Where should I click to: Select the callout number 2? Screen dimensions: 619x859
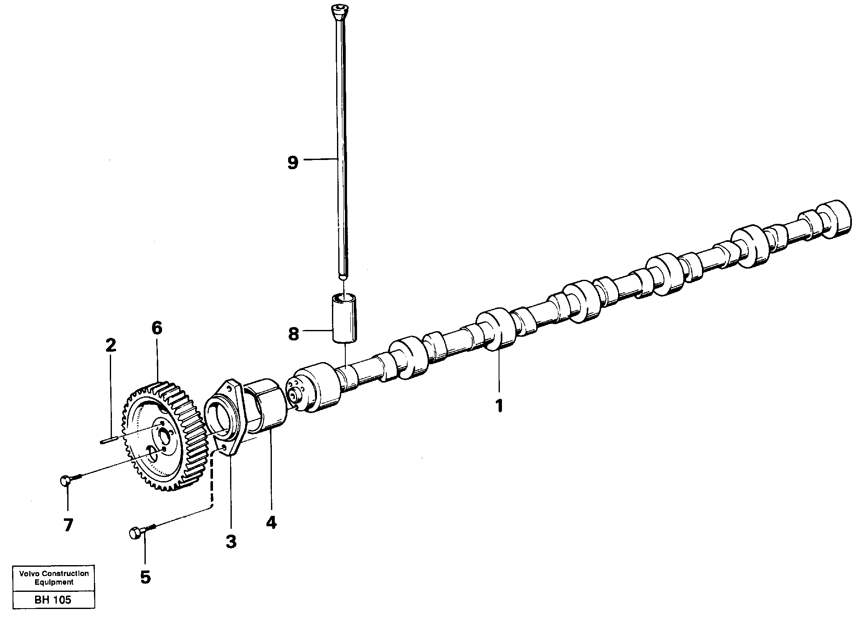(x=110, y=345)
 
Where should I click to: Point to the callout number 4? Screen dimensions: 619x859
(x=271, y=523)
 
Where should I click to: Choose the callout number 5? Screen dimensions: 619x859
(x=145, y=577)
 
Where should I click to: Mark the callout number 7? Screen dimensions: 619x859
(x=68, y=525)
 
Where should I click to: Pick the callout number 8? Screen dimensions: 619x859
(x=294, y=334)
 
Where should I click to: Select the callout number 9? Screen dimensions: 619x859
(x=293, y=162)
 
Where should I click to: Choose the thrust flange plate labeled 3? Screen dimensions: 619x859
(x=228, y=418)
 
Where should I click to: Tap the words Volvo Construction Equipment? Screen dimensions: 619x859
(x=54, y=578)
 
